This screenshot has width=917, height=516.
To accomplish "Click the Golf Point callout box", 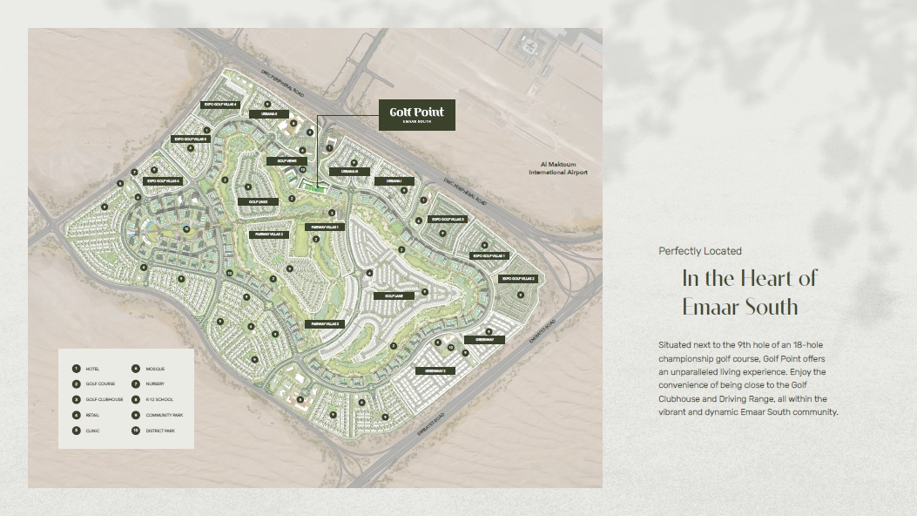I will tap(417, 115).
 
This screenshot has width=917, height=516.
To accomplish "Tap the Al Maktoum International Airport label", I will tap(558, 168).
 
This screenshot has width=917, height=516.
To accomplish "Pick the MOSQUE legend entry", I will tap(154, 369).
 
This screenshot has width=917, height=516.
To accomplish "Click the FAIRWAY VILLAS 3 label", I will tap(324, 324).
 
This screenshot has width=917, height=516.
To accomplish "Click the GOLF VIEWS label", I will tap(287, 161).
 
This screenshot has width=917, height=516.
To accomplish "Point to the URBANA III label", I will tap(350, 172).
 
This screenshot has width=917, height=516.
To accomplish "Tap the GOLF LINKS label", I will tap(258, 201).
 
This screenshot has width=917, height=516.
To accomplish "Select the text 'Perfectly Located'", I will tap(700, 251).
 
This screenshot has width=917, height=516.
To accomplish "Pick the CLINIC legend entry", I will tap(92, 431).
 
